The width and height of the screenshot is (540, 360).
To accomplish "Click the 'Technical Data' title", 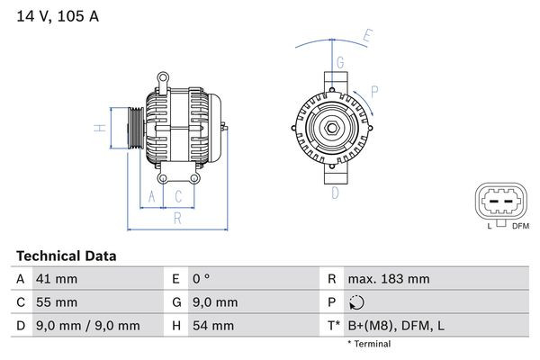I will pos(66,256).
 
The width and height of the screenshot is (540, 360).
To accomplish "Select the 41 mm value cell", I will pos(55,279).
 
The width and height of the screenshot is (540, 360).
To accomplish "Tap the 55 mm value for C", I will pos(56,302).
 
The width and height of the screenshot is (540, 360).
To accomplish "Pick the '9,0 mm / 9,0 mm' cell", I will pos(87,325).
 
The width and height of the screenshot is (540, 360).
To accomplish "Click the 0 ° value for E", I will pos(202,279).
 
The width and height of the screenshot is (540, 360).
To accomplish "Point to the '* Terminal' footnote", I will pos(369,344).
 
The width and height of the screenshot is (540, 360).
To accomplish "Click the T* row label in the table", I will pos(333,325).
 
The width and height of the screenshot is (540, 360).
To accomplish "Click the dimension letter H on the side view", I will pos(102,128).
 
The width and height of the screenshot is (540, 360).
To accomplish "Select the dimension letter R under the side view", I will pos(177,217).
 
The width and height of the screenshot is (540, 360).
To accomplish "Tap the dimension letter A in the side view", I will pos(152,195).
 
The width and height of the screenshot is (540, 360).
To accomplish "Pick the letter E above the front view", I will pos(366,36).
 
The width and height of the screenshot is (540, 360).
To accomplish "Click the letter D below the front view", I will pos(335,192).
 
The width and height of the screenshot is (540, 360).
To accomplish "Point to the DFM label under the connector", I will pos(520,225).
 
